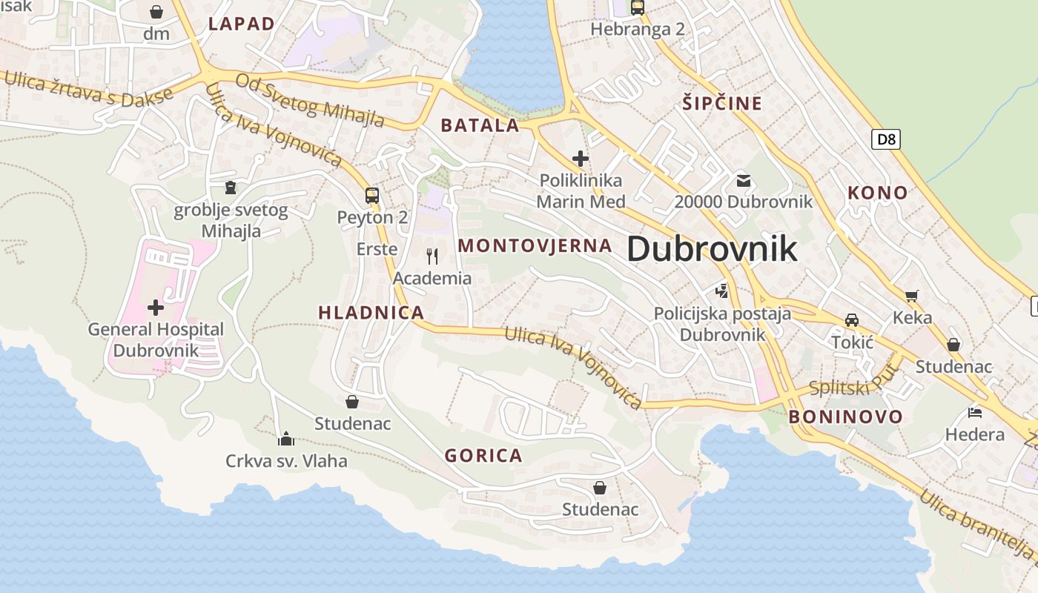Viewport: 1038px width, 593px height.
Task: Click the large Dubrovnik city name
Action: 712,249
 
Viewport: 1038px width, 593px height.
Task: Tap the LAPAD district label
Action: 242,24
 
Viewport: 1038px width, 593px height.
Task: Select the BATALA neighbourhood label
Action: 480,125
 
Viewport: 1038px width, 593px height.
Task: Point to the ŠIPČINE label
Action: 722,103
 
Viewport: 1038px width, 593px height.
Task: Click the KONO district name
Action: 878,193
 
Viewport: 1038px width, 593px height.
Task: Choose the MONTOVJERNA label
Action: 535,245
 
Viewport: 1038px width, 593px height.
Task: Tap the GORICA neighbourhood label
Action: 483,455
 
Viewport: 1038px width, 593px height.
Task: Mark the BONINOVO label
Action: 845,416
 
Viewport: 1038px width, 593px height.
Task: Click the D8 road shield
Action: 885,139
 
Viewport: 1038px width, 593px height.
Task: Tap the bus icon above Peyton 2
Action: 372,196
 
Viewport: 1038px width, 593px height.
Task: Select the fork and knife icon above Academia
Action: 432,256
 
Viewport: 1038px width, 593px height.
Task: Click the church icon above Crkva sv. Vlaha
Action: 286,439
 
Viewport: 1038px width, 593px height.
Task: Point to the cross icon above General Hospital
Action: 156,307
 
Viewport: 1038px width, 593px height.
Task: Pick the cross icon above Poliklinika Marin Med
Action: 581,158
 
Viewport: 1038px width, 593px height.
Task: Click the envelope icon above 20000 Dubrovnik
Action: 743,180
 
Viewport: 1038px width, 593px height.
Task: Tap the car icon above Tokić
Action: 852,320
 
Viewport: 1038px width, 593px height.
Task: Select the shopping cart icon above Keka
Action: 912,296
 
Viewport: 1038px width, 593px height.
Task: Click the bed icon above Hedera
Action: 975,412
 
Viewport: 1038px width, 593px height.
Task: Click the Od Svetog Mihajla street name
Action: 310,100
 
